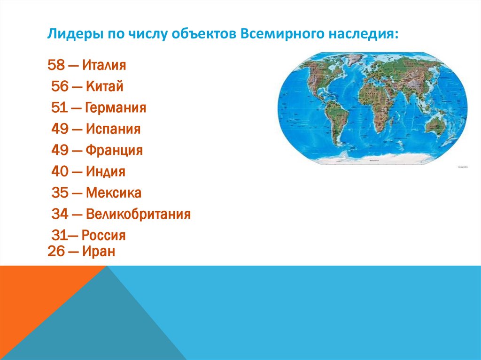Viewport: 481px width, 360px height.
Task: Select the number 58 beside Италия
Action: click(x=56, y=65)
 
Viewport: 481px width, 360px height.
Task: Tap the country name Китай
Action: click(x=105, y=86)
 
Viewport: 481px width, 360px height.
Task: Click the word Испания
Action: click(x=113, y=129)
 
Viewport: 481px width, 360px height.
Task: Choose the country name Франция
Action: click(x=114, y=150)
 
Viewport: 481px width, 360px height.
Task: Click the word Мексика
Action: click(x=113, y=193)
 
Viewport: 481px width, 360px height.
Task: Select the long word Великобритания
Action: click(x=138, y=214)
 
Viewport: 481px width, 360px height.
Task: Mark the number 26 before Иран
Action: click(x=56, y=252)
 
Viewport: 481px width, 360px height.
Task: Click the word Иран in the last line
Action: click(x=99, y=252)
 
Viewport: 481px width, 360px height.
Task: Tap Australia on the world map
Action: click(x=439, y=126)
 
